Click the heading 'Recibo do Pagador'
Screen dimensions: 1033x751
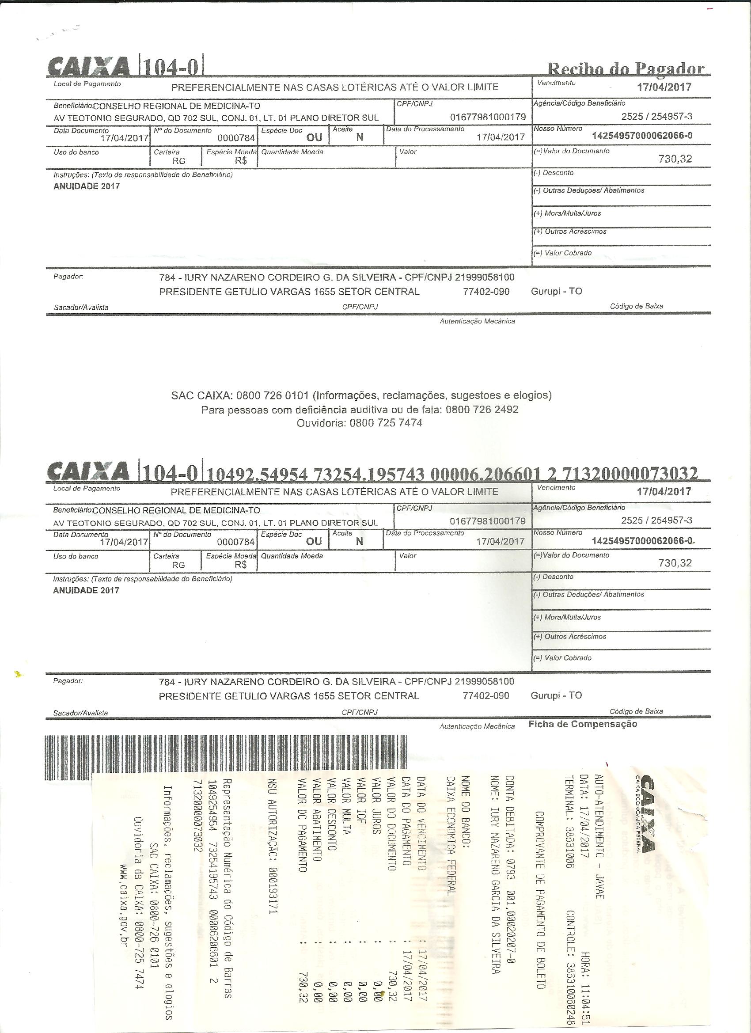pos(625,68)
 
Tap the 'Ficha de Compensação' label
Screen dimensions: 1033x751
pos(583,724)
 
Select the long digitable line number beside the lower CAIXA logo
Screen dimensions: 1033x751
pos(452,474)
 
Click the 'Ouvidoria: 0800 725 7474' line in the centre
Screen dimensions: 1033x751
pos(359,423)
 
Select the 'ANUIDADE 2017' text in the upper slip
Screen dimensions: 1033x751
pos(87,186)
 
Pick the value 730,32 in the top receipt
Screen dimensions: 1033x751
pos(675,159)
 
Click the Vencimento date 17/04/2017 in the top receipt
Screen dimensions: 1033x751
pos(664,87)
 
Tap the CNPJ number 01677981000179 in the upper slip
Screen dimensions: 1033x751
pos(487,117)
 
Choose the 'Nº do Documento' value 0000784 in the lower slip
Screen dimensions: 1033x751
pos(235,542)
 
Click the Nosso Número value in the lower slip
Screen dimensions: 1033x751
pos(642,541)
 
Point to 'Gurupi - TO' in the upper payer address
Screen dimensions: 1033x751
pos(556,292)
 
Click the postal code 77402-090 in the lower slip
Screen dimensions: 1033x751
pos(485,695)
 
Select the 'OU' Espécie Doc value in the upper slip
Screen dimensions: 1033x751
pos(314,137)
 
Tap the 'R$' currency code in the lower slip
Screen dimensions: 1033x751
pos(240,565)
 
